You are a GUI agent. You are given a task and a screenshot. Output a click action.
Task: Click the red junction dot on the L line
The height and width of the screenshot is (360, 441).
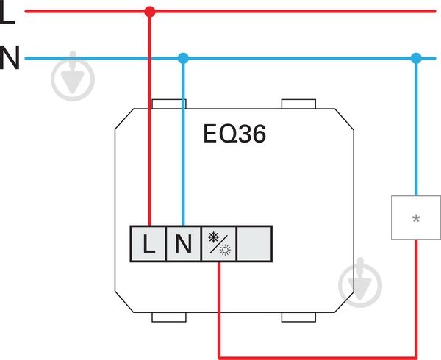(x=150, y=12)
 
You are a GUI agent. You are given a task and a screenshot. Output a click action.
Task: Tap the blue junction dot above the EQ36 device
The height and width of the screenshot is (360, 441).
(x=183, y=59)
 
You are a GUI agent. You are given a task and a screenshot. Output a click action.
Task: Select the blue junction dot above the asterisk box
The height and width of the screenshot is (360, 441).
(x=416, y=59)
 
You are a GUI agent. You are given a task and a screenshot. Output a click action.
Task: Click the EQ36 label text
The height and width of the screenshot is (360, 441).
(x=234, y=134)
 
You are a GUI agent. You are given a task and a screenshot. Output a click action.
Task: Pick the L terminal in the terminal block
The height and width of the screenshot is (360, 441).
(x=148, y=244)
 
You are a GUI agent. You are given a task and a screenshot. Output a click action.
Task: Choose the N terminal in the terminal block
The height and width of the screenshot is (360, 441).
(x=184, y=244)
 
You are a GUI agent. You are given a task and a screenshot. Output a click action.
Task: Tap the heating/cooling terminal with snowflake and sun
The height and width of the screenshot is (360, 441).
(x=219, y=244)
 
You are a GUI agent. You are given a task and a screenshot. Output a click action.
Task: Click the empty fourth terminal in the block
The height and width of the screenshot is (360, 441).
(x=254, y=244)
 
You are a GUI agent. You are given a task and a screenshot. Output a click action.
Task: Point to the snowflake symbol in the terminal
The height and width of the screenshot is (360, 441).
(x=213, y=237)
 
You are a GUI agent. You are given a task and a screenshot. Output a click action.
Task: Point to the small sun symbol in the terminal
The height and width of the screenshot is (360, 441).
(x=225, y=250)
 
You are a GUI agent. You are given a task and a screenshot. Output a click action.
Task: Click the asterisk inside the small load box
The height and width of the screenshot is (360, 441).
(x=416, y=219)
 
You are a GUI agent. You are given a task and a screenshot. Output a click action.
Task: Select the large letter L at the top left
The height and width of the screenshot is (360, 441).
(x=7, y=13)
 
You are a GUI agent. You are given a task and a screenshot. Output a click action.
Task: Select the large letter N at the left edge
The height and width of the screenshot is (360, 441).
(x=10, y=57)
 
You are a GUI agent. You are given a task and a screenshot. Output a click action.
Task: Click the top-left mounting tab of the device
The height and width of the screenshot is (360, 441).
(x=169, y=104)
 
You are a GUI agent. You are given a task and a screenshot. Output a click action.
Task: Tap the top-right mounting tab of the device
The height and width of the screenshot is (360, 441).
(x=298, y=104)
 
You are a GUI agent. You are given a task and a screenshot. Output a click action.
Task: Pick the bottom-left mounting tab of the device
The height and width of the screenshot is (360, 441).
(x=169, y=317)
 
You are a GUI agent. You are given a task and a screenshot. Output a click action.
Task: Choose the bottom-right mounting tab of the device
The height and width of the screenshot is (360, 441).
(x=298, y=317)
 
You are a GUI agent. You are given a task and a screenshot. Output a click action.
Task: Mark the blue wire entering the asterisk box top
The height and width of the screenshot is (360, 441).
(x=416, y=127)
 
